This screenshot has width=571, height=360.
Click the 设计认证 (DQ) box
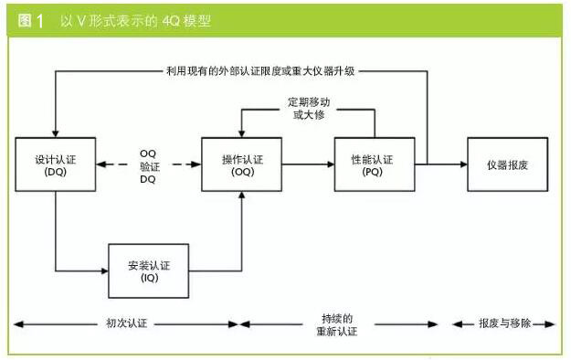click(x=55, y=164)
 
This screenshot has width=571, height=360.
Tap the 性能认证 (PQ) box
click(x=372, y=164)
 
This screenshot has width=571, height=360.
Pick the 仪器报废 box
click(x=508, y=164)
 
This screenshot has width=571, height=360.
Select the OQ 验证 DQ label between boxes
click(x=148, y=165)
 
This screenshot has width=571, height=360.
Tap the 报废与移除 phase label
click(x=503, y=323)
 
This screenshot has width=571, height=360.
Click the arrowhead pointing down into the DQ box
click(x=55, y=132)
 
